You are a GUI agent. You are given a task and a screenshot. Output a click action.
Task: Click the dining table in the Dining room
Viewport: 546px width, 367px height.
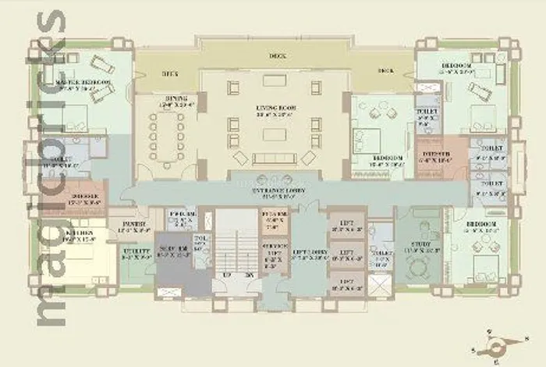tap(170, 135)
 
